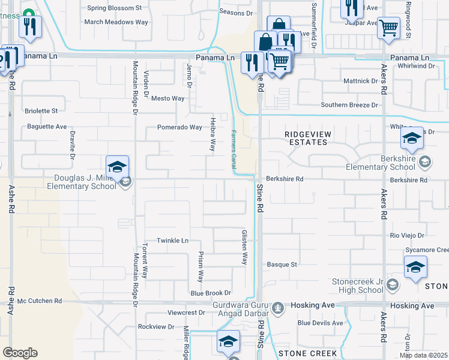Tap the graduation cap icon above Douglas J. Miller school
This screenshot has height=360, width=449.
coord(118,166)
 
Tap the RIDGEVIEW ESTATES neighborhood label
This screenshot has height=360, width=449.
coord(306,138)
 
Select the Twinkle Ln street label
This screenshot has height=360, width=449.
coord(173,241)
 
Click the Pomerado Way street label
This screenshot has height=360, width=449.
coord(179,127)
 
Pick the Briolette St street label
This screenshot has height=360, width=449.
coord(41,111)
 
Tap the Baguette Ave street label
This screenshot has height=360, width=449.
coord(46,127)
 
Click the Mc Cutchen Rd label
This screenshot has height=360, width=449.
coord(40,301)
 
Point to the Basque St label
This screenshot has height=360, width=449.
coord(282,264)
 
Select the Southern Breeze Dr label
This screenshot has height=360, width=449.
coord(351,105)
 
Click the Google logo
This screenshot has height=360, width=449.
coord(20,353)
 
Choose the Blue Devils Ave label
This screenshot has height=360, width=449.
coord(320,323)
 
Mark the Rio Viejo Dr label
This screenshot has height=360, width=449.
coord(407,236)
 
